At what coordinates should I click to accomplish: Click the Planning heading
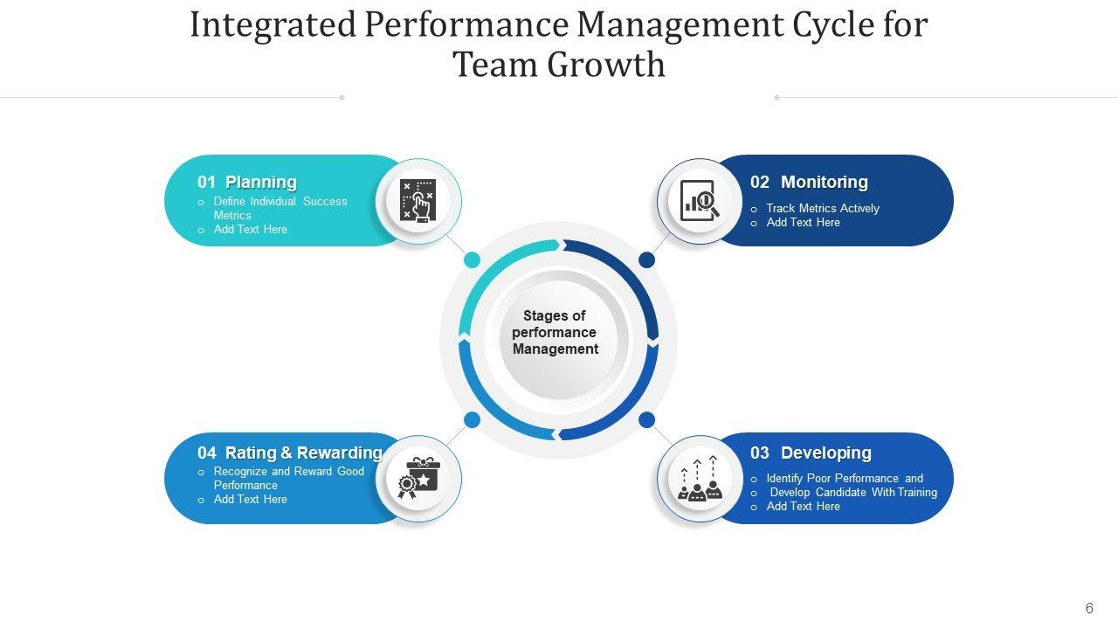pyautogui.click(x=260, y=182)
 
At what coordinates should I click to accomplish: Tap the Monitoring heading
pyautogui.click(x=824, y=182)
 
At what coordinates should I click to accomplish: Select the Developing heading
pyautogui.click(x=825, y=453)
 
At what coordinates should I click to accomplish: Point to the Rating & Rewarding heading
pyautogui.click(x=303, y=453)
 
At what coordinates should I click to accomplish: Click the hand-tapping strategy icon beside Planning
pyautogui.click(x=418, y=201)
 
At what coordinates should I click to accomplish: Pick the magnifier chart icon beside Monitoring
pyautogui.click(x=700, y=201)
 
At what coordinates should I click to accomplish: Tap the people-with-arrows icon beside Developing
pyautogui.click(x=700, y=479)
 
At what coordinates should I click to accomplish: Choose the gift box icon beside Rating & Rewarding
pyautogui.click(x=418, y=479)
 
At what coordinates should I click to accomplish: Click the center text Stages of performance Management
pyautogui.click(x=556, y=332)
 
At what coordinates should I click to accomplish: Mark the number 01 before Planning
pyautogui.click(x=206, y=182)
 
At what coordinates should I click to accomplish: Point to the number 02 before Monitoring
pyautogui.click(x=760, y=182)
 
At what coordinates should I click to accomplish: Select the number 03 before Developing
pyautogui.click(x=760, y=453)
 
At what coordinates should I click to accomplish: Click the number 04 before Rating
pyautogui.click(x=206, y=453)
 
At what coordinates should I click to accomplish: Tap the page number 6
pyautogui.click(x=1089, y=608)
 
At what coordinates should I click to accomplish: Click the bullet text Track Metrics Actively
pyautogui.click(x=822, y=208)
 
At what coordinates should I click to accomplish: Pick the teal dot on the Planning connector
pyautogui.click(x=472, y=259)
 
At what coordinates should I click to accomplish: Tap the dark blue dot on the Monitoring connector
pyautogui.click(x=646, y=259)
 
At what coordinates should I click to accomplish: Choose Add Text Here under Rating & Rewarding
pyautogui.click(x=250, y=499)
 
